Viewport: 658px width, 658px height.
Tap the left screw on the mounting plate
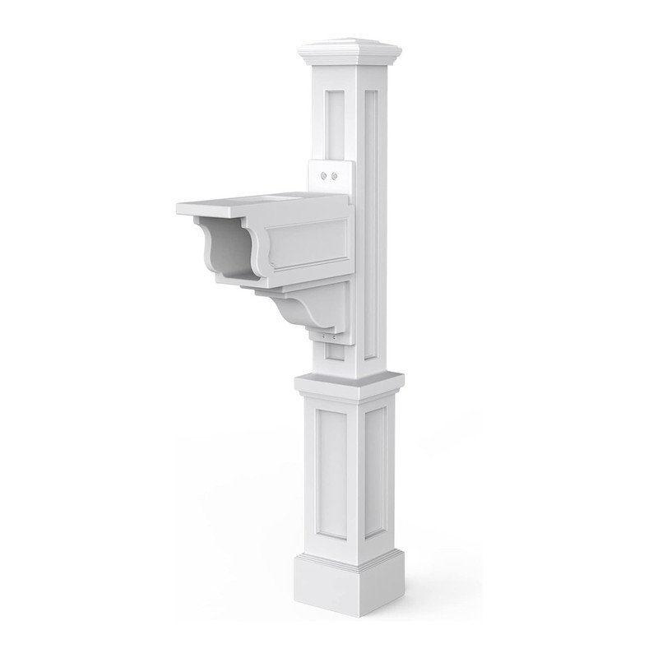(x=324, y=175)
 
